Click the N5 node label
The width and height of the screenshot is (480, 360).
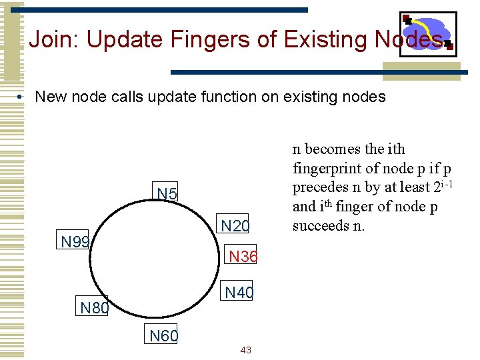pyautogui.click(x=167, y=194)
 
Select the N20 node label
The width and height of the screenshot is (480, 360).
pyautogui.click(x=235, y=227)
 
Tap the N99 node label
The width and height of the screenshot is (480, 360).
pyautogui.click(x=75, y=241)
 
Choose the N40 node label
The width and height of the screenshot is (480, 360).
pyautogui.click(x=239, y=292)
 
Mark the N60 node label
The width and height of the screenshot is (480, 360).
pyautogui.click(x=163, y=336)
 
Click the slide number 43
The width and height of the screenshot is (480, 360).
pyautogui.click(x=245, y=351)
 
